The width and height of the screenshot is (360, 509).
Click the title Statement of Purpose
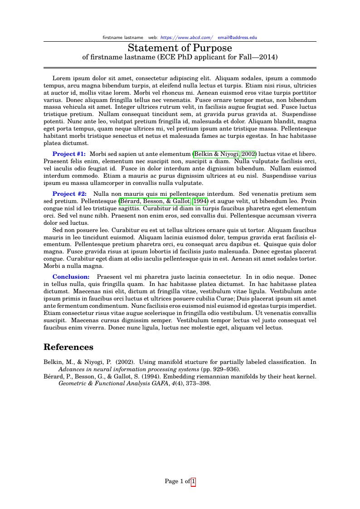180,48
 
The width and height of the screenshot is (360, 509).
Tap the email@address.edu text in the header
237,37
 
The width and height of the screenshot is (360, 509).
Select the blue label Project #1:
69,154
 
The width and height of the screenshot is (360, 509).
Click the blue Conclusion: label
71,276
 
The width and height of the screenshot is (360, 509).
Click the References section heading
68,347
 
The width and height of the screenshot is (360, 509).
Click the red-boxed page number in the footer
194,481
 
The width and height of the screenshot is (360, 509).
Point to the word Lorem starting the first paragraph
62,78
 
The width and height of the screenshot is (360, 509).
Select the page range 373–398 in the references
198,383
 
